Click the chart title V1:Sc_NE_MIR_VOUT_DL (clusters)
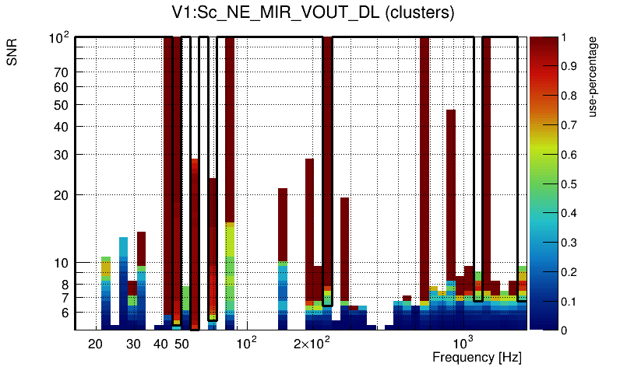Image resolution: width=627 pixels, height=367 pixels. (313, 13)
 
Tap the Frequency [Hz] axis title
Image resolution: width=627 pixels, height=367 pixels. (477, 357)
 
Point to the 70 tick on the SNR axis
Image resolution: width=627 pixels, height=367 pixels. (62, 73)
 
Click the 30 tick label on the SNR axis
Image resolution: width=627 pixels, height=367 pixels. (62, 155)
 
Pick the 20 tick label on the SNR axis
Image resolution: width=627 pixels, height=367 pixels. (62, 195)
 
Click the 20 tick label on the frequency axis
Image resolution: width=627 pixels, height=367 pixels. (95, 344)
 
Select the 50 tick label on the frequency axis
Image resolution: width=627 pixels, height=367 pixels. (181, 344)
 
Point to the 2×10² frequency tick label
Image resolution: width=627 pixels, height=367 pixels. (312, 343)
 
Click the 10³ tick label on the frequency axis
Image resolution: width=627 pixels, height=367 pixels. (463, 343)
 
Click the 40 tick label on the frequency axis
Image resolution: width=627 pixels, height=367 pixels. (161, 344)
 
